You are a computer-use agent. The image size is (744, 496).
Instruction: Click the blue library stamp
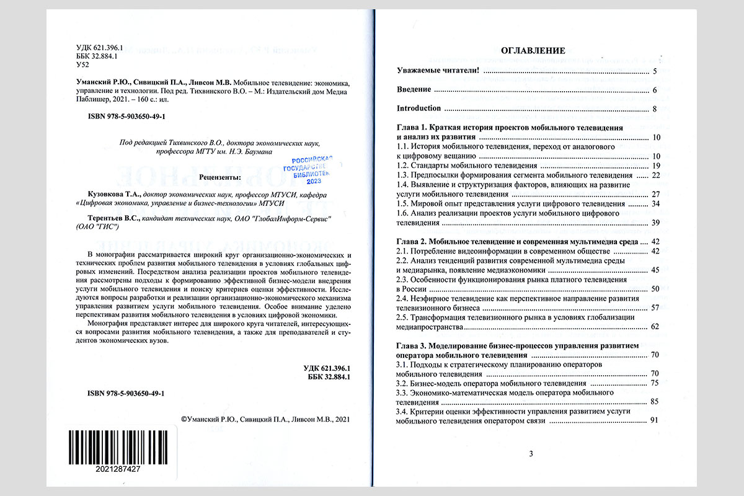pyautogui.click(x=308, y=169)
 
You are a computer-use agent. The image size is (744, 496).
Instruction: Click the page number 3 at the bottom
pyautogui.click(x=531, y=454)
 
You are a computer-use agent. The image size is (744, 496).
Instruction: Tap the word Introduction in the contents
pyautogui.click(x=418, y=108)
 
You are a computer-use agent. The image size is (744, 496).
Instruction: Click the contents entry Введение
pyautogui.click(x=414, y=90)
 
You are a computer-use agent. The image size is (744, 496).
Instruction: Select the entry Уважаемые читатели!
pyautogui.click(x=438, y=71)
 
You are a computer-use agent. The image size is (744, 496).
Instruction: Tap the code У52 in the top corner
pyautogui.click(x=81, y=65)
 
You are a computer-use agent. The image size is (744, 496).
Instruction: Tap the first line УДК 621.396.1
pyautogui.click(x=99, y=48)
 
